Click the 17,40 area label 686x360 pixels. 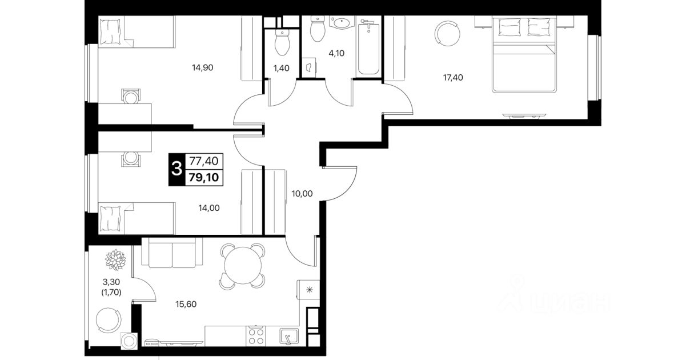(453, 78)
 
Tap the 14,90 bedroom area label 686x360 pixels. (202, 67)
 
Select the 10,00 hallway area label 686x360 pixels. (302, 194)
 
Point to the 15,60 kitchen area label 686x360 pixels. (186, 304)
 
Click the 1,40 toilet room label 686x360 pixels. (281, 68)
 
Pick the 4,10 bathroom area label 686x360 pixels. (336, 53)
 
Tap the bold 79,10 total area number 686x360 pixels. (204, 177)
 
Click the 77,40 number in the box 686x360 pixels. (204, 161)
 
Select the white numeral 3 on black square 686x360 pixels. (176, 169)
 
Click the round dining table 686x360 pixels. (242, 266)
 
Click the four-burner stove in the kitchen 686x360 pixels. (256, 336)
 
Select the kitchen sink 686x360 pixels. (289, 336)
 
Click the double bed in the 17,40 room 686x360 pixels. (524, 54)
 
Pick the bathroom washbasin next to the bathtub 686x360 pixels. (342, 23)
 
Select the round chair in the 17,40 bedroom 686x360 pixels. (447, 34)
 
